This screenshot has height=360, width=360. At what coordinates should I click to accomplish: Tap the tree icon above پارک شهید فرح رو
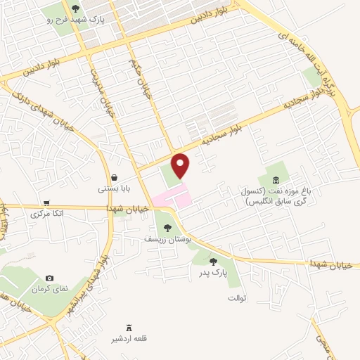[x=75, y=9]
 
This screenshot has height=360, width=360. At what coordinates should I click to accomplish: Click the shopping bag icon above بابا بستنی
[x=113, y=177]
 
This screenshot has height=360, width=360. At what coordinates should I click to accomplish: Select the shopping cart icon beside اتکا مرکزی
[x=46, y=202]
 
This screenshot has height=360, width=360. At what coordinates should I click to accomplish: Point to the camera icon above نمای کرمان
[x=49, y=278]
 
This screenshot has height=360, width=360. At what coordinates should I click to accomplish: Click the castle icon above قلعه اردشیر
[x=129, y=328]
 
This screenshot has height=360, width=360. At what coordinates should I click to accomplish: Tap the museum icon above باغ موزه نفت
[x=275, y=181]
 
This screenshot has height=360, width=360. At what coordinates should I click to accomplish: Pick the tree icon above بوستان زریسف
[x=167, y=227]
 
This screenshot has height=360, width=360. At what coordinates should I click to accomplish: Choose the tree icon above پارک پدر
[x=213, y=262]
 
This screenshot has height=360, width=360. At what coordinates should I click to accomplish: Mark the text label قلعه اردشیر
[x=129, y=339]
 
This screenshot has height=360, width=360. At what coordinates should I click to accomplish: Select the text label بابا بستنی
[x=112, y=188]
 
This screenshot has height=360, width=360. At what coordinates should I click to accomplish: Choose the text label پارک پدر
[x=213, y=273]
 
